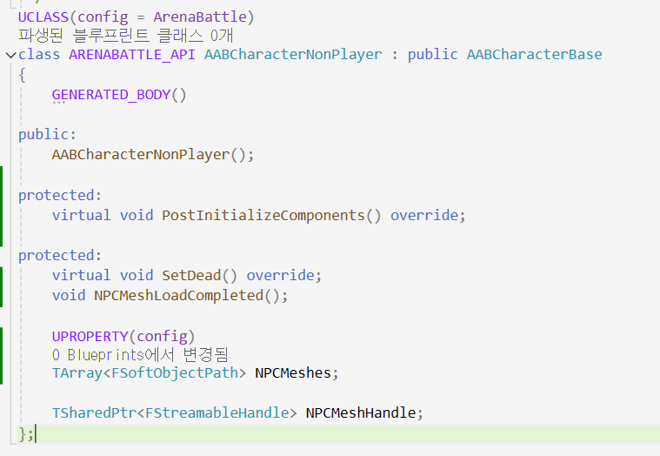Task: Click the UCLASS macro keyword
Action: (x=43, y=16)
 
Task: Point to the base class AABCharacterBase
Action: (x=534, y=55)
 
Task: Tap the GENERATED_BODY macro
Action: (x=111, y=95)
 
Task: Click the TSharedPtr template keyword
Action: (x=90, y=412)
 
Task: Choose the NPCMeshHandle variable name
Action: (x=361, y=412)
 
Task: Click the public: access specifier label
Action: (x=47, y=135)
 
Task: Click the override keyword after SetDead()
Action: (x=281, y=275)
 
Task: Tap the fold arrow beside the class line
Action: (x=10, y=55)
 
